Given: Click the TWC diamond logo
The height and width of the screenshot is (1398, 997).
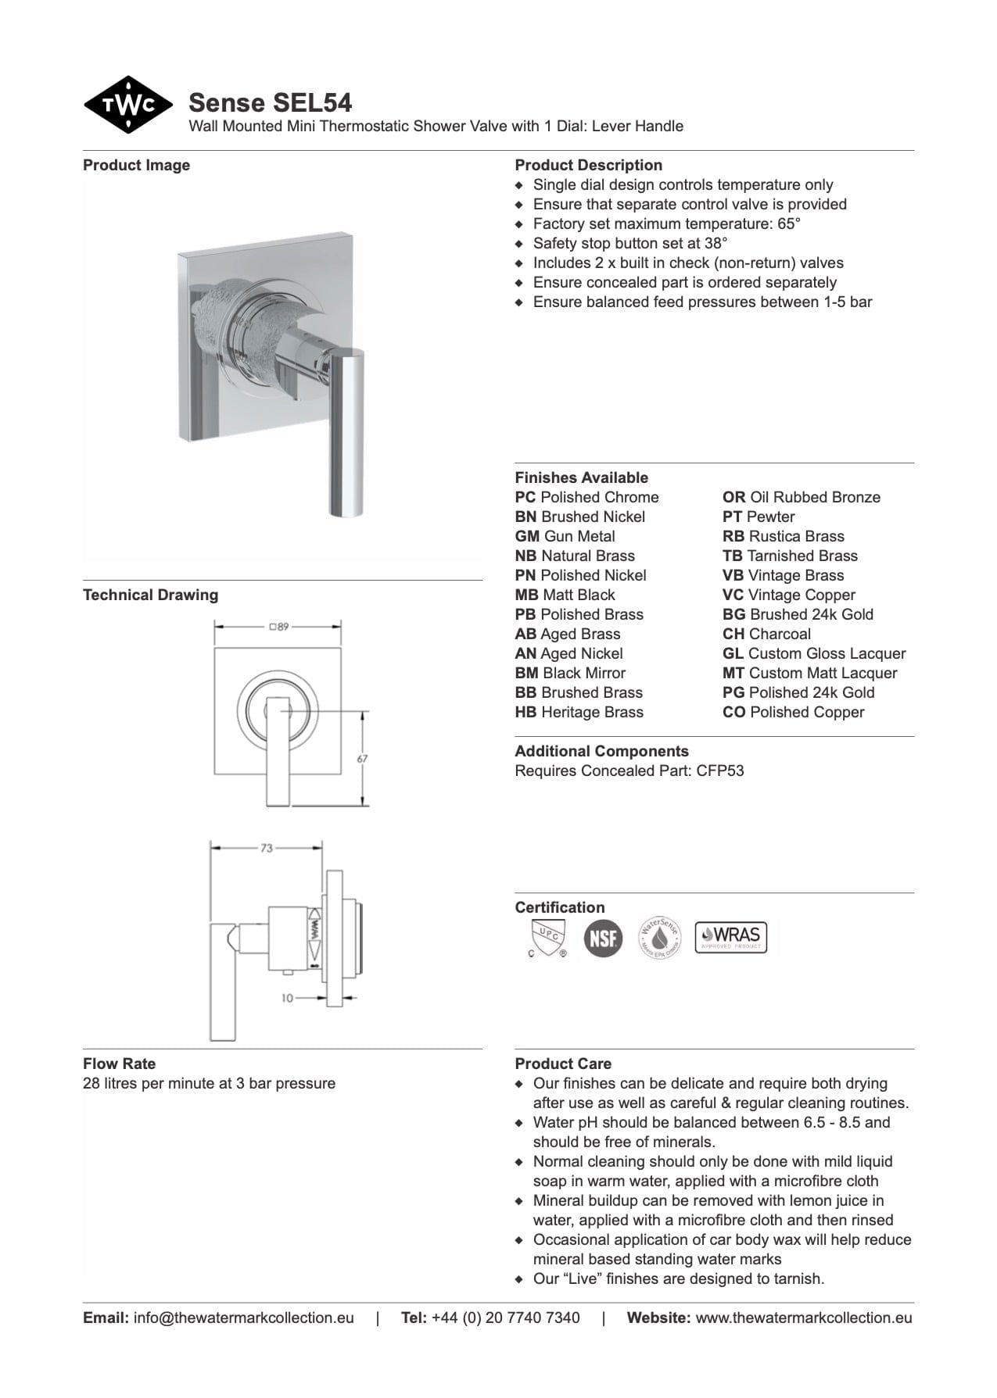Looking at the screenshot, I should point(128,105).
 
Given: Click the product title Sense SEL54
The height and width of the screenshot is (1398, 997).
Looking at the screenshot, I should point(271,102).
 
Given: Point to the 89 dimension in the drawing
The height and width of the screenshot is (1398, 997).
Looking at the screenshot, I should point(278,627).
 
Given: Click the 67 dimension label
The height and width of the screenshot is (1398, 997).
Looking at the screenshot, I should point(363,758).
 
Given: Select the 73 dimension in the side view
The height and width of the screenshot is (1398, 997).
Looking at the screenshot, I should point(267,848).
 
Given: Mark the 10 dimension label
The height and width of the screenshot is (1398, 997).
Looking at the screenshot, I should point(288,998).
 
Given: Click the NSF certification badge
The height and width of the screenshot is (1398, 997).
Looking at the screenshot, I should point(603,938).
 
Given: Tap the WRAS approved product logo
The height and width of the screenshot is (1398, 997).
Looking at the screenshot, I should point(731,936).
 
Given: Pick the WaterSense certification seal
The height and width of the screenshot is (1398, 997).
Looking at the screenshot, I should point(659,937).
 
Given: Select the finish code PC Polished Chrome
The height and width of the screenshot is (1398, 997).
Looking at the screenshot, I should point(586,498).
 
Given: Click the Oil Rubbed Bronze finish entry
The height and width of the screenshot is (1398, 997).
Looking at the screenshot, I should point(802,498).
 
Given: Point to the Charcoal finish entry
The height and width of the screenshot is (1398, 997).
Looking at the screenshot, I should point(766,635).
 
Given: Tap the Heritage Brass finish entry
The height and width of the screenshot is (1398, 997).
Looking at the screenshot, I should point(579,713).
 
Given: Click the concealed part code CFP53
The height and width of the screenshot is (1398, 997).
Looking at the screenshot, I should point(720,771).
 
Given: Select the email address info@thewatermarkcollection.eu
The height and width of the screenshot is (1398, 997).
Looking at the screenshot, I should point(243,1318).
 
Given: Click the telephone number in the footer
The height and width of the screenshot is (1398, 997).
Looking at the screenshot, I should point(505,1318).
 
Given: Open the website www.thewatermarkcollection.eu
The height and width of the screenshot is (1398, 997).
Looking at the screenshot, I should point(804,1318).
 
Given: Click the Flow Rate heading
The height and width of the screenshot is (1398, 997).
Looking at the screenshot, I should point(119,1064).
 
